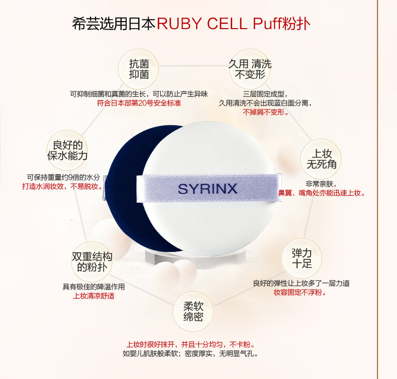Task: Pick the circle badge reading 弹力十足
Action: pos(302,258)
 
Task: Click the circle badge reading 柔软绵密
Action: pos(193,311)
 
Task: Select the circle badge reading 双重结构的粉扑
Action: pos(91,261)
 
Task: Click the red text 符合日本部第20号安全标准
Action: pos(139,103)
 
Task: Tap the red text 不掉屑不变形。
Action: pos(266,112)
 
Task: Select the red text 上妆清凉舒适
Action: pos(93,296)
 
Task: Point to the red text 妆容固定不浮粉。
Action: pos(300,293)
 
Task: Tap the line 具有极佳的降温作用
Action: pos(93,287)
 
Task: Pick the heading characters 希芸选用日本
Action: pos(114,24)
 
